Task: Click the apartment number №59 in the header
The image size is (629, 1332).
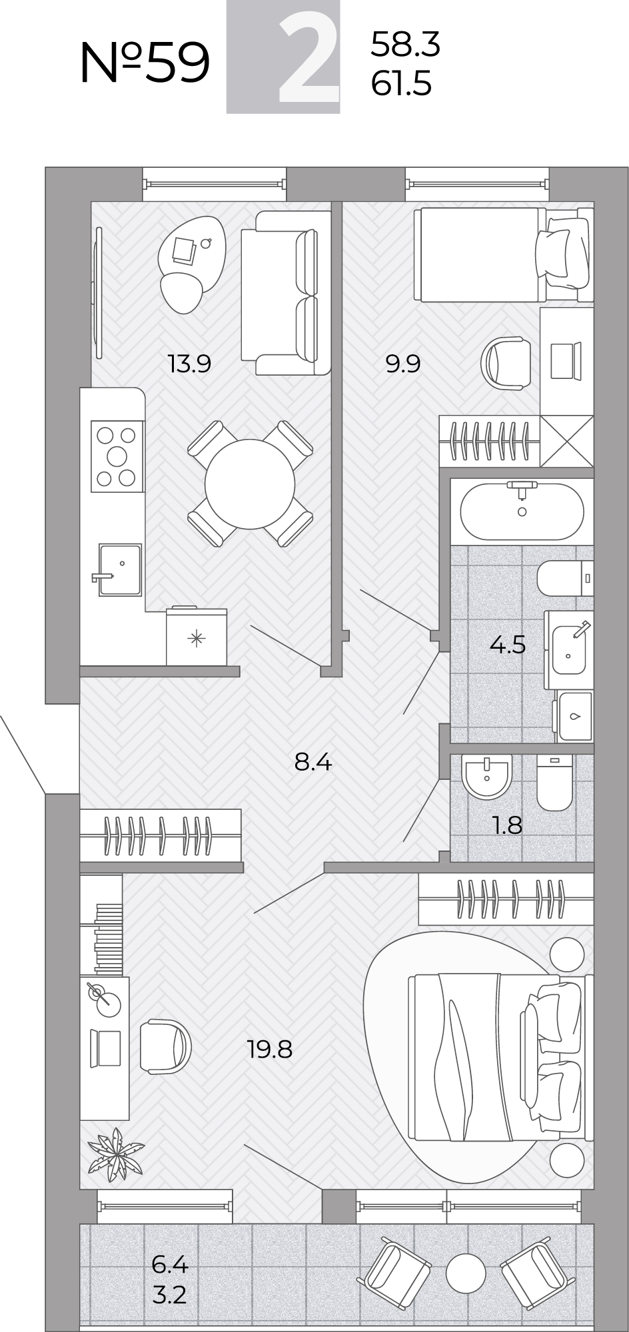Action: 145,63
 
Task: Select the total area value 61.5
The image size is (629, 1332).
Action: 402,85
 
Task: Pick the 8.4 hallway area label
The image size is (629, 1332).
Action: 313,761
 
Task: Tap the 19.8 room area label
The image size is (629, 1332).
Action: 270,1050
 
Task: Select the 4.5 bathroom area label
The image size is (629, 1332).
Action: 508,644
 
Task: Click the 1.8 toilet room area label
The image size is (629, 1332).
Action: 508,825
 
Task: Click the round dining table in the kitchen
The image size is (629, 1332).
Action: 251,484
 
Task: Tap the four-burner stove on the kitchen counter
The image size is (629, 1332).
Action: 117,456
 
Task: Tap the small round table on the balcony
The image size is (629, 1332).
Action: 466,1274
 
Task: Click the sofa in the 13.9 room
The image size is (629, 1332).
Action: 286,294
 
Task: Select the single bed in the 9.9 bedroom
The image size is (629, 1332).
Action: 504,255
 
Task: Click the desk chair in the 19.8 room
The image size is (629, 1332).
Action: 165,1046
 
